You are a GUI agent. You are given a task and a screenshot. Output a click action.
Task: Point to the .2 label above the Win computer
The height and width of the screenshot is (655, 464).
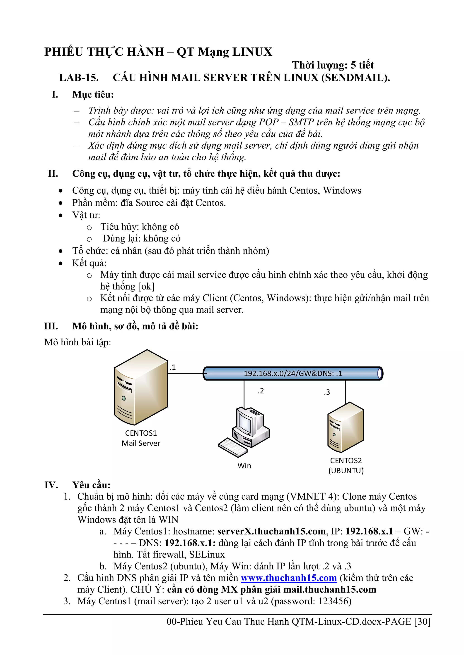point(261,391)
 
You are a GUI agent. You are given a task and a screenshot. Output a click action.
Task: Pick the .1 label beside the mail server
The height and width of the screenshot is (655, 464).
point(173,368)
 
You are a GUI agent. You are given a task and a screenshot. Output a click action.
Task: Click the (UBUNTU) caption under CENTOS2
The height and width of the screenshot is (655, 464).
point(346,470)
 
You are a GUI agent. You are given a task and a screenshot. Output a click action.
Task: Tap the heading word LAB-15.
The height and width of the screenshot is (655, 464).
point(79,78)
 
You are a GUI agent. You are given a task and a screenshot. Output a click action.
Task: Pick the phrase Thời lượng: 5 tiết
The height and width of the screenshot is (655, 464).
point(333,65)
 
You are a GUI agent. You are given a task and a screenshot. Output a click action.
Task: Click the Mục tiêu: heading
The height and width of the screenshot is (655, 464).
point(93,94)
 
